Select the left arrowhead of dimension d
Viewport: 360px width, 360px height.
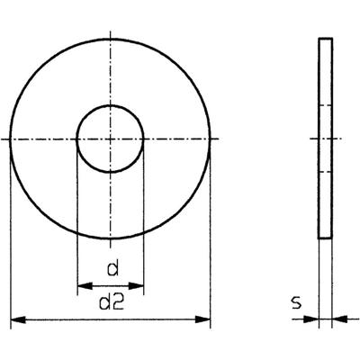[82, 286]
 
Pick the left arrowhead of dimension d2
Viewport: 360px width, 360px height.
[14, 319]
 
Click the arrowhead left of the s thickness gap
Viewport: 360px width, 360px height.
[314, 318]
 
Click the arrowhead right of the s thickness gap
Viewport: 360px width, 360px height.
[337, 318]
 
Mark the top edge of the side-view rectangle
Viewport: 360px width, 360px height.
[326, 39]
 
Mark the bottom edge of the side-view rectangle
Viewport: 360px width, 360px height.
[326, 238]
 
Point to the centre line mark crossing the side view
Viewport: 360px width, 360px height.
[326, 139]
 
